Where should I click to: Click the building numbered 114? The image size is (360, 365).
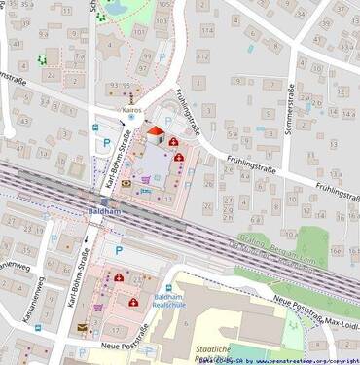click(x=204, y=28)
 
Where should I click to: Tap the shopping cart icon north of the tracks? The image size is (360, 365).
click(x=147, y=178)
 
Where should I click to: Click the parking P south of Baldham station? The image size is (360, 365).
click(x=119, y=250)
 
